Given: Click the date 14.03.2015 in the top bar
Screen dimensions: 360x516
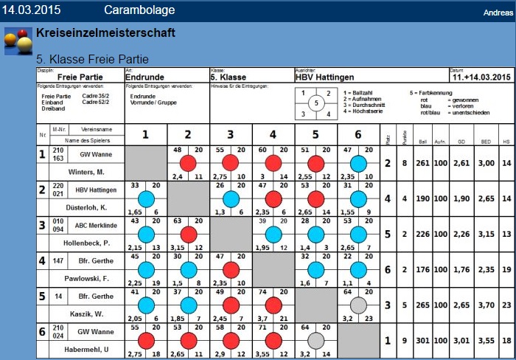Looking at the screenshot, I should tap(31, 10).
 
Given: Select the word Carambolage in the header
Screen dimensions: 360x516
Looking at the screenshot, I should tap(139, 10).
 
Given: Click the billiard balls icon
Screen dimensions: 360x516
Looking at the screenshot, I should tap(18, 41).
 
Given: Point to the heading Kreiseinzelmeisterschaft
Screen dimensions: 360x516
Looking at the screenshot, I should tap(105, 33).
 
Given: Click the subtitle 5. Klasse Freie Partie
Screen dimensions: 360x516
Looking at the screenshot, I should tap(92, 58).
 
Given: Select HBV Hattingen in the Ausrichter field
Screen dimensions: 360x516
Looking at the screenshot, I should tap(324, 77).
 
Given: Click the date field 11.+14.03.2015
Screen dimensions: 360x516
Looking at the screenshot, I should tap(481, 77).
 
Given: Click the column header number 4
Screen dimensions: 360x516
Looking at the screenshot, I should tap(273, 134).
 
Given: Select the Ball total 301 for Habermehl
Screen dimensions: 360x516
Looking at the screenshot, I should tap(422, 342).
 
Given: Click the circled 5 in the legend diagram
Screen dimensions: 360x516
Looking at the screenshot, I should tap(316, 103).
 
